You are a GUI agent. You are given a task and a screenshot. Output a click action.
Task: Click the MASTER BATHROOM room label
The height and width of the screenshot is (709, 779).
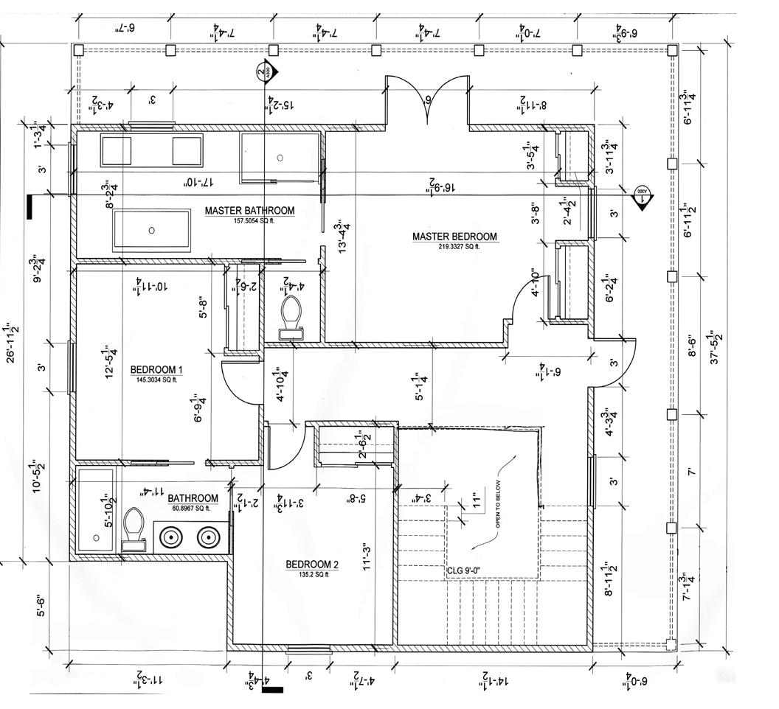[x=249, y=211]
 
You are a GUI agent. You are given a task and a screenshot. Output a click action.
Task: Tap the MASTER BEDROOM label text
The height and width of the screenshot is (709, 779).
[x=454, y=237]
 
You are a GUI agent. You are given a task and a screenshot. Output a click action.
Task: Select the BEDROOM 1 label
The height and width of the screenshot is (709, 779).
[x=156, y=370]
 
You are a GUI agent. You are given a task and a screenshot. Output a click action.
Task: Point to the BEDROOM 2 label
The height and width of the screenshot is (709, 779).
[x=312, y=565]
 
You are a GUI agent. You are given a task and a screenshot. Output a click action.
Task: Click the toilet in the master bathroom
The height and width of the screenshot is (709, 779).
[x=291, y=315]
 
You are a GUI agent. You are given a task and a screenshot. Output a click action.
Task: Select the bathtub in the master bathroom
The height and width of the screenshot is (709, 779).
[x=152, y=230]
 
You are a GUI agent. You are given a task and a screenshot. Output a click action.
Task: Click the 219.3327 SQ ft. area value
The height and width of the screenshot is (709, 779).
[x=454, y=247]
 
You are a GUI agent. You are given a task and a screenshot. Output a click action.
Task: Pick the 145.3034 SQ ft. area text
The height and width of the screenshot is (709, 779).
[x=156, y=380]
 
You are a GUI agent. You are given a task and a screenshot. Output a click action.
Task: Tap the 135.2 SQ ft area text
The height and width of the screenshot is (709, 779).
[x=312, y=575]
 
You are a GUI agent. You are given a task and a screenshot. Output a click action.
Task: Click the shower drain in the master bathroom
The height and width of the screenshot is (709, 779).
[x=280, y=157]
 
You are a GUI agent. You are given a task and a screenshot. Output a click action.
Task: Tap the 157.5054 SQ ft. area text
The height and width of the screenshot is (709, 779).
[x=249, y=220]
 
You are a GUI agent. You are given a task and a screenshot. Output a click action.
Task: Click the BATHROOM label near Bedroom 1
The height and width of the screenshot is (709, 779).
[x=193, y=498]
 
